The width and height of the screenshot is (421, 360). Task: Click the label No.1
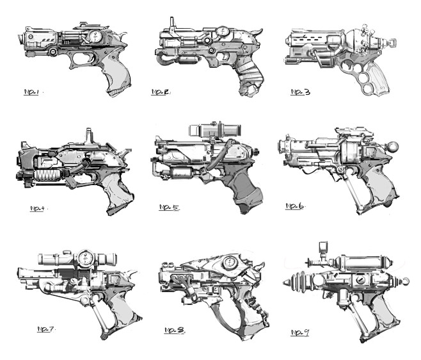point(31,92)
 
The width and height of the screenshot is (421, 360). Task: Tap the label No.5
point(169,208)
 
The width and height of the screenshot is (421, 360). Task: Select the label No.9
point(300,332)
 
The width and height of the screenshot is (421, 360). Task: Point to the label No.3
point(301,92)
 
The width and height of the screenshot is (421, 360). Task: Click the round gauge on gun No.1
point(95,36)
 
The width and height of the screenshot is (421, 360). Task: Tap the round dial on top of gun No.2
point(223,31)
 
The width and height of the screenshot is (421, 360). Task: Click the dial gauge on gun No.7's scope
point(85,258)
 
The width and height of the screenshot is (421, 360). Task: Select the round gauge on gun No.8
point(230,263)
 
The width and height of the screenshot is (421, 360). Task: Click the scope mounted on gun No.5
point(215,130)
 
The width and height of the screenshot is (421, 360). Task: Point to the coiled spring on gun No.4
point(49,176)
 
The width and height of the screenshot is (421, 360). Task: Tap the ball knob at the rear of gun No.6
point(393,147)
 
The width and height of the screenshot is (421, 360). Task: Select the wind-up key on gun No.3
point(392,42)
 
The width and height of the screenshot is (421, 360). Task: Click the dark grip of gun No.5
point(243,188)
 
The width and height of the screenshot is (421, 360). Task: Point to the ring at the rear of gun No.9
point(406,282)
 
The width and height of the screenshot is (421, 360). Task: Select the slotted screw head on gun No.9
point(361,281)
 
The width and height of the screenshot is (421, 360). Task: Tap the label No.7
point(45,329)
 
